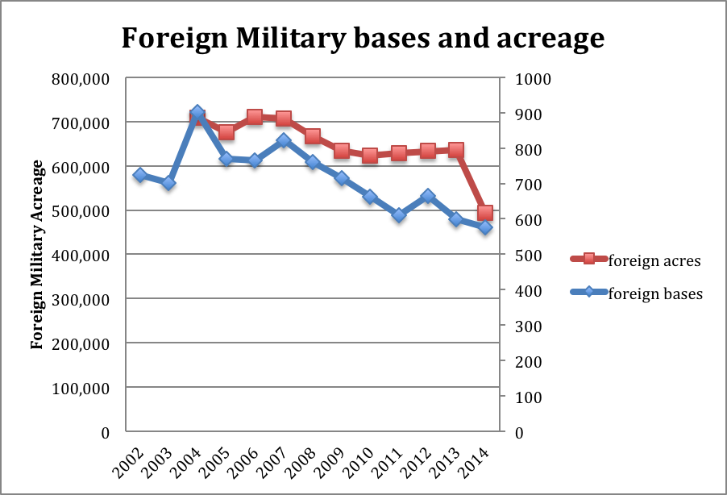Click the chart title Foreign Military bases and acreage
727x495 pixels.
pyautogui.click(x=363, y=37)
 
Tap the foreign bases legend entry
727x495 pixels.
pyautogui.click(x=644, y=293)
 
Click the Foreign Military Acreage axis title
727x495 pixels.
pyautogui.click(x=36, y=255)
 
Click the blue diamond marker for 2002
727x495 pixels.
pyautogui.click(x=140, y=175)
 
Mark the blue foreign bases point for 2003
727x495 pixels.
pyautogui.click(x=168, y=184)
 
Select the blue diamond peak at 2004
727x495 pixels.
pyautogui.click(x=197, y=112)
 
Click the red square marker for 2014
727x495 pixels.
pyautogui.click(x=485, y=213)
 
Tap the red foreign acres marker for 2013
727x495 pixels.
pyautogui.click(x=456, y=150)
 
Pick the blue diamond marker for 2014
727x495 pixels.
pyautogui.click(x=485, y=228)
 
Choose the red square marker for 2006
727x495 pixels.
pyautogui.click(x=255, y=118)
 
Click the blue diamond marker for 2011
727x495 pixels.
pyautogui.click(x=399, y=215)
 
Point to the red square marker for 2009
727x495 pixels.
pyautogui.click(x=342, y=151)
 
